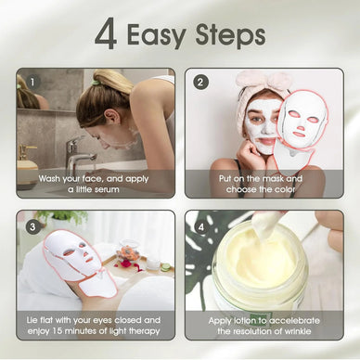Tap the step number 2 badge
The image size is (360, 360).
pos(201,81)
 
